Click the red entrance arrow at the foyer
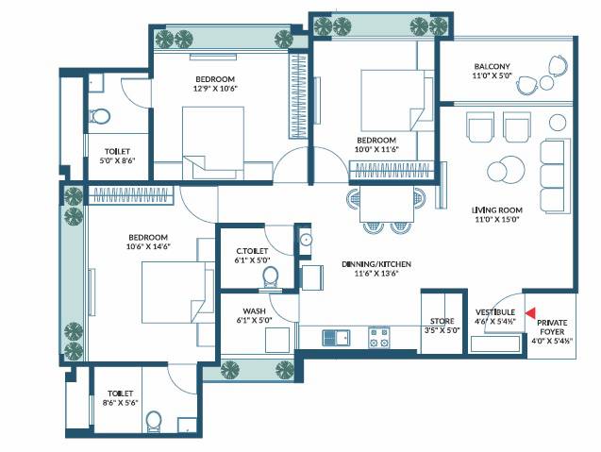(x=530, y=312)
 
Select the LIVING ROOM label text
(x=496, y=210)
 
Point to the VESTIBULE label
(x=494, y=311)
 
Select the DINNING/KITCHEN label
(x=376, y=265)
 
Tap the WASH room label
(x=253, y=310)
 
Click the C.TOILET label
(x=252, y=251)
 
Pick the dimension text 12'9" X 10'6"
(x=215, y=89)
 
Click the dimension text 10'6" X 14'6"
(x=148, y=247)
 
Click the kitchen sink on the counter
(x=336, y=337)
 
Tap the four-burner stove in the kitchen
(x=379, y=337)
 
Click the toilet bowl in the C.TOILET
(x=271, y=276)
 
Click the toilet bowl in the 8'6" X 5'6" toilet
(x=157, y=420)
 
